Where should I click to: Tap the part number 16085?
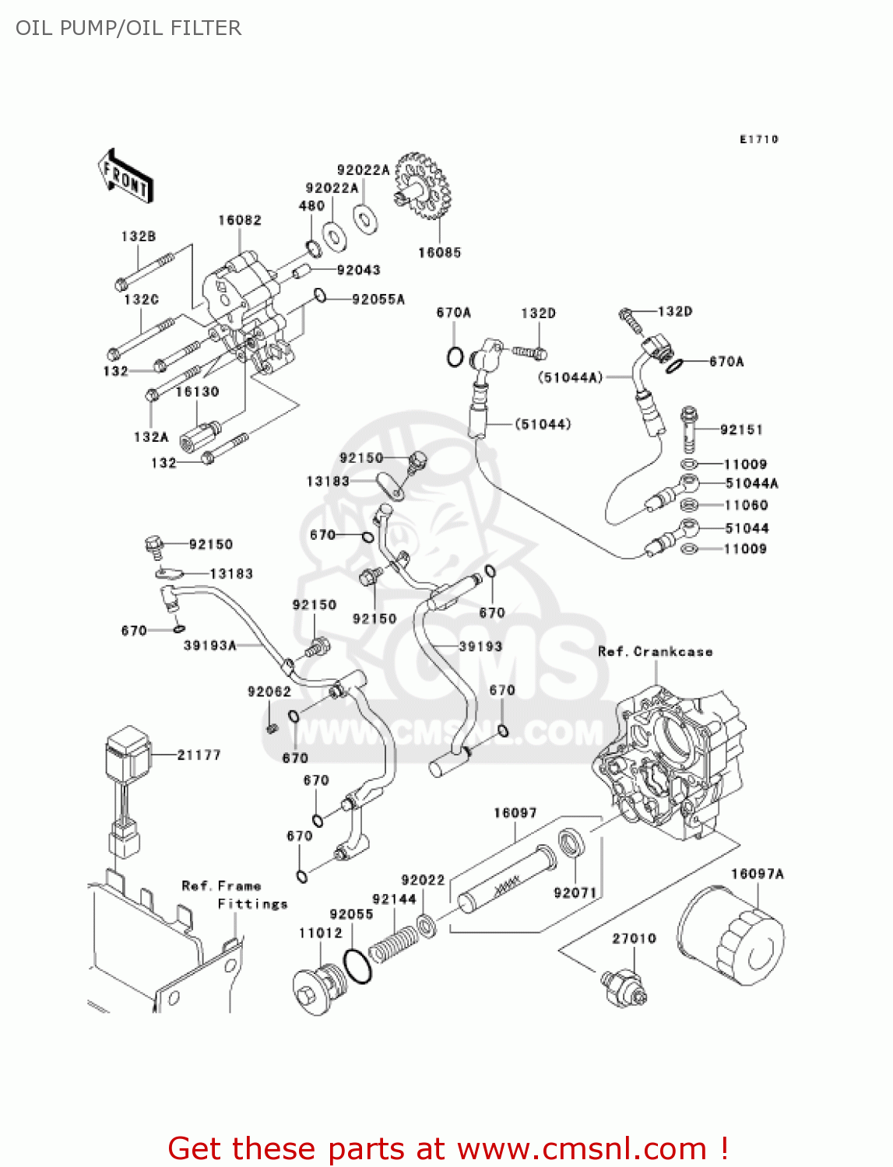coord(439,252)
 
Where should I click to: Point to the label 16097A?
coord(757,874)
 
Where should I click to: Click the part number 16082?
coord(239,220)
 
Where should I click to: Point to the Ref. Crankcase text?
coord(655,651)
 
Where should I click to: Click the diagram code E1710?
coord(758,139)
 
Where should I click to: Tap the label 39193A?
coord(209,645)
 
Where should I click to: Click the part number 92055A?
coord(378,299)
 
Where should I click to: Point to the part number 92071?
coord(575,892)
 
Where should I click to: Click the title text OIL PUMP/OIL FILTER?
coord(128,28)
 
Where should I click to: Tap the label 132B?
coord(138,236)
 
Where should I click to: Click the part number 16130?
coord(197,391)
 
